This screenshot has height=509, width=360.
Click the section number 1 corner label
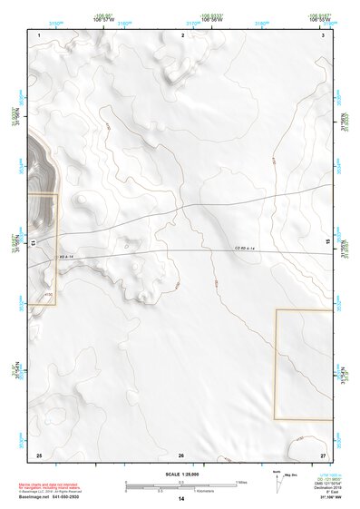pyautogui.click(x=40, y=34)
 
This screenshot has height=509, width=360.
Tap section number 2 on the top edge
pyautogui.click(x=183, y=34)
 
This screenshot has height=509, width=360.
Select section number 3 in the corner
pyautogui.click(x=323, y=34)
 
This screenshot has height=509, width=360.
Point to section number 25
pyautogui.click(x=39, y=454)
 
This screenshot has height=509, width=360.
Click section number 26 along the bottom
pyautogui.click(x=181, y=454)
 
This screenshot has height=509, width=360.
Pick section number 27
pyautogui.click(x=322, y=454)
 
